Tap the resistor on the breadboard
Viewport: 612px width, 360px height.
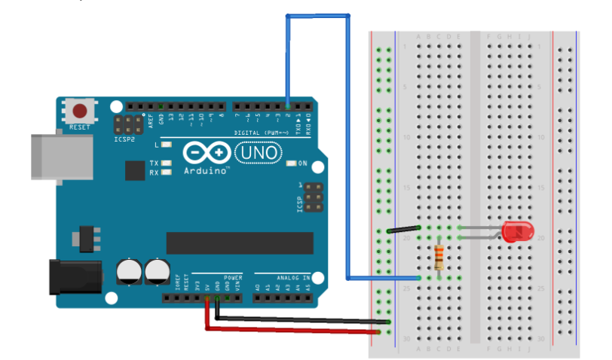pos(440,257)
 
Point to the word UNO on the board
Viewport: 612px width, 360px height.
pos(259,154)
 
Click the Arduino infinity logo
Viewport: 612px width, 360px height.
pos(206,154)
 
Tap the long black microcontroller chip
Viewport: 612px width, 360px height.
pos(240,243)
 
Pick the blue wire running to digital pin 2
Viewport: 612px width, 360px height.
pos(347,151)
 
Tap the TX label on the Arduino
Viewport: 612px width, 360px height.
pos(154,163)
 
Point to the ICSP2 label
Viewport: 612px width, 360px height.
pos(125,139)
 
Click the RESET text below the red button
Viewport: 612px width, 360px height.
pos(79,128)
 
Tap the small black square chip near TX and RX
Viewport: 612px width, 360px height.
pos(135,171)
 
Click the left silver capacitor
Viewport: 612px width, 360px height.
pos(128,271)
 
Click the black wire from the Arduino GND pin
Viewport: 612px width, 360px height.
pos(301,320)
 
